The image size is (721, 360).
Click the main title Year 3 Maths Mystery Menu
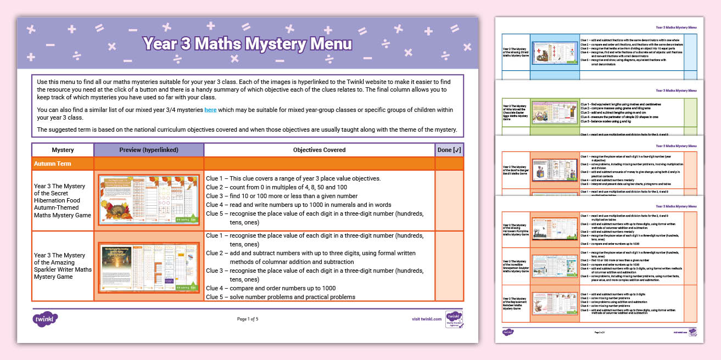(x=247, y=44)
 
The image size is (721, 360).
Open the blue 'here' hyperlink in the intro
(x=210, y=110)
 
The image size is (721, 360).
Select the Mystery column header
(x=63, y=150)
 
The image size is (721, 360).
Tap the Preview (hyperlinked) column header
(x=149, y=150)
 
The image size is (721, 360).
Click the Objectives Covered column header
(x=319, y=150)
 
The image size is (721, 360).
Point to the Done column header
(x=449, y=150)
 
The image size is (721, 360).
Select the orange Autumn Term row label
(x=52, y=164)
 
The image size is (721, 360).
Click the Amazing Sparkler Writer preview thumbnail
(x=149, y=266)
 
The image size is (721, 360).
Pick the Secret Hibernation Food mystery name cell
(x=63, y=200)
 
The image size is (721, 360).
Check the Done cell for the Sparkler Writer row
(x=449, y=266)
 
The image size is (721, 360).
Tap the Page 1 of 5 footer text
(x=247, y=319)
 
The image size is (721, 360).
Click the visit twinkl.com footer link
(x=426, y=319)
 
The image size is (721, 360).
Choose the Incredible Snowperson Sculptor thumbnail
(x=554, y=266)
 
